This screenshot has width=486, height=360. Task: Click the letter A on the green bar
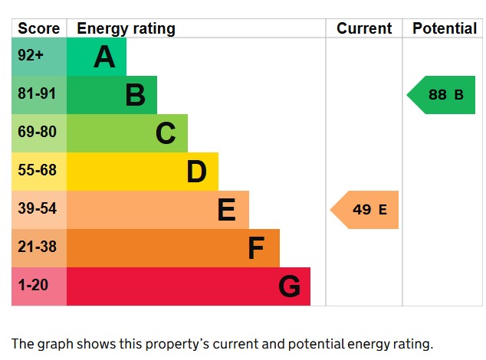104,57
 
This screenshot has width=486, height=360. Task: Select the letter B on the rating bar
135,95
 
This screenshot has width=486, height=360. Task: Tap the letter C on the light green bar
166,133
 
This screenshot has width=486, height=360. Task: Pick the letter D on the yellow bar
196,172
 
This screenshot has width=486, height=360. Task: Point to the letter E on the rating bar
226,210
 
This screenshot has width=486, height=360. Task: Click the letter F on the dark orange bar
256,248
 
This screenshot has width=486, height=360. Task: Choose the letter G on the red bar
289,286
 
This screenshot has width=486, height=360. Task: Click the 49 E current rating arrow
366,210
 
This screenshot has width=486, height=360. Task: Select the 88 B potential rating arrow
443,95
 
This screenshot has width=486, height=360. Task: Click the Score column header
38,28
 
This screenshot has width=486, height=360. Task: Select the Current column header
364,28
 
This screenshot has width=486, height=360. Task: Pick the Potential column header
445,28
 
